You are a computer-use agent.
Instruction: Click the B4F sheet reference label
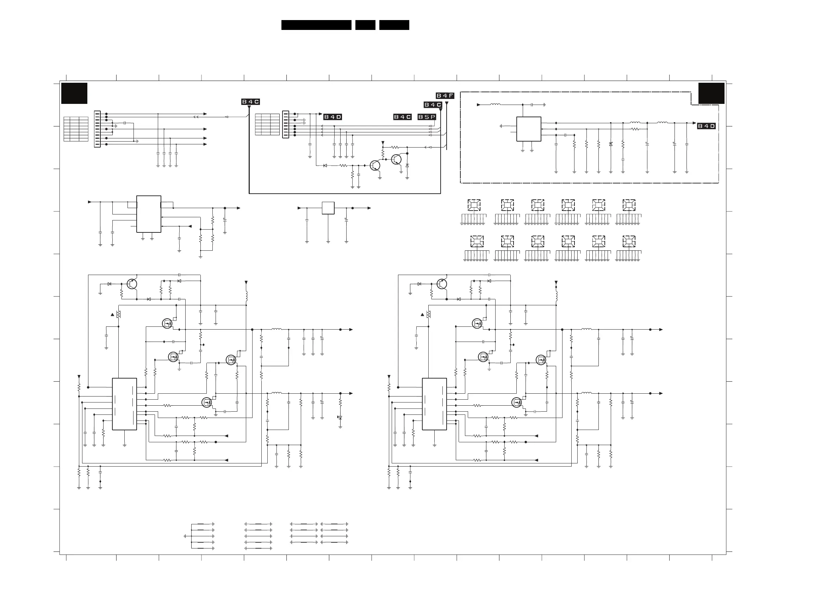[445, 96]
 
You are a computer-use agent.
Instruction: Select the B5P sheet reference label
[427, 117]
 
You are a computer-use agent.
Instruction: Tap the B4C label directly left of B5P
[402, 117]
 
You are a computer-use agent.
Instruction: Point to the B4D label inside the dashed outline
[706, 126]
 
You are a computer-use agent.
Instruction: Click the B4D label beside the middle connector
[333, 117]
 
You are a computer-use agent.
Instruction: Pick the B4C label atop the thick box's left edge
[250, 101]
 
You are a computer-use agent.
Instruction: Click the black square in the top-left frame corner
[74, 93]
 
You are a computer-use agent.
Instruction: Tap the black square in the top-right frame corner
[711, 93]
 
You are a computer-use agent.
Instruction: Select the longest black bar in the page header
[316, 25]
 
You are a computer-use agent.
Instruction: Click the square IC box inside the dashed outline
[528, 129]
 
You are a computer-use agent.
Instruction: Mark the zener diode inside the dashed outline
[611, 144]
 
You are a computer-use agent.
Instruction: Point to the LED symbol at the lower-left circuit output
[340, 417]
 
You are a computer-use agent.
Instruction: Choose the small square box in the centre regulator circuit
[328, 208]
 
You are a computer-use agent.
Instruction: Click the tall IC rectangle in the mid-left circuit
[149, 214]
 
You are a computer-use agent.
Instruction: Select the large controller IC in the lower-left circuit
[124, 404]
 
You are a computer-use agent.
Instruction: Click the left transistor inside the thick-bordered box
[375, 166]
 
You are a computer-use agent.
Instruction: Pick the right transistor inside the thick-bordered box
[397, 159]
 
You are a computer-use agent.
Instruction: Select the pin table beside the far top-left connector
[76, 129]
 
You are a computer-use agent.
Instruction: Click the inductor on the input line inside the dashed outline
[495, 105]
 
